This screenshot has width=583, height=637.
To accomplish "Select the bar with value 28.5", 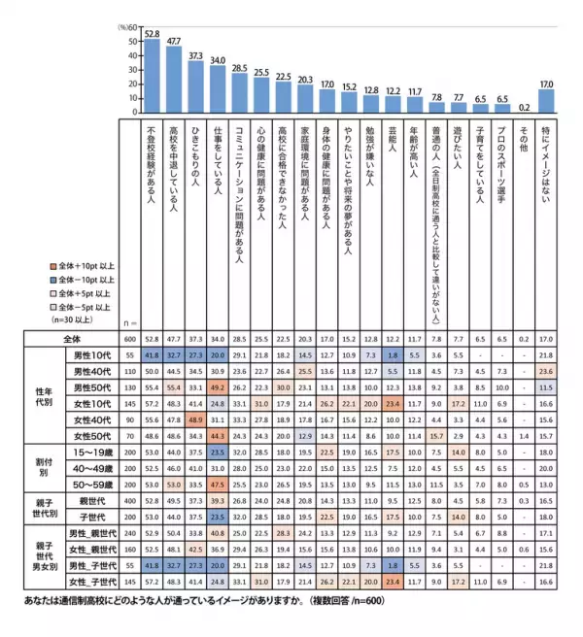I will pos(239,83).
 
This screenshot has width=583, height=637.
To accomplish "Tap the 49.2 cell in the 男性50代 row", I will pos(218,388).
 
